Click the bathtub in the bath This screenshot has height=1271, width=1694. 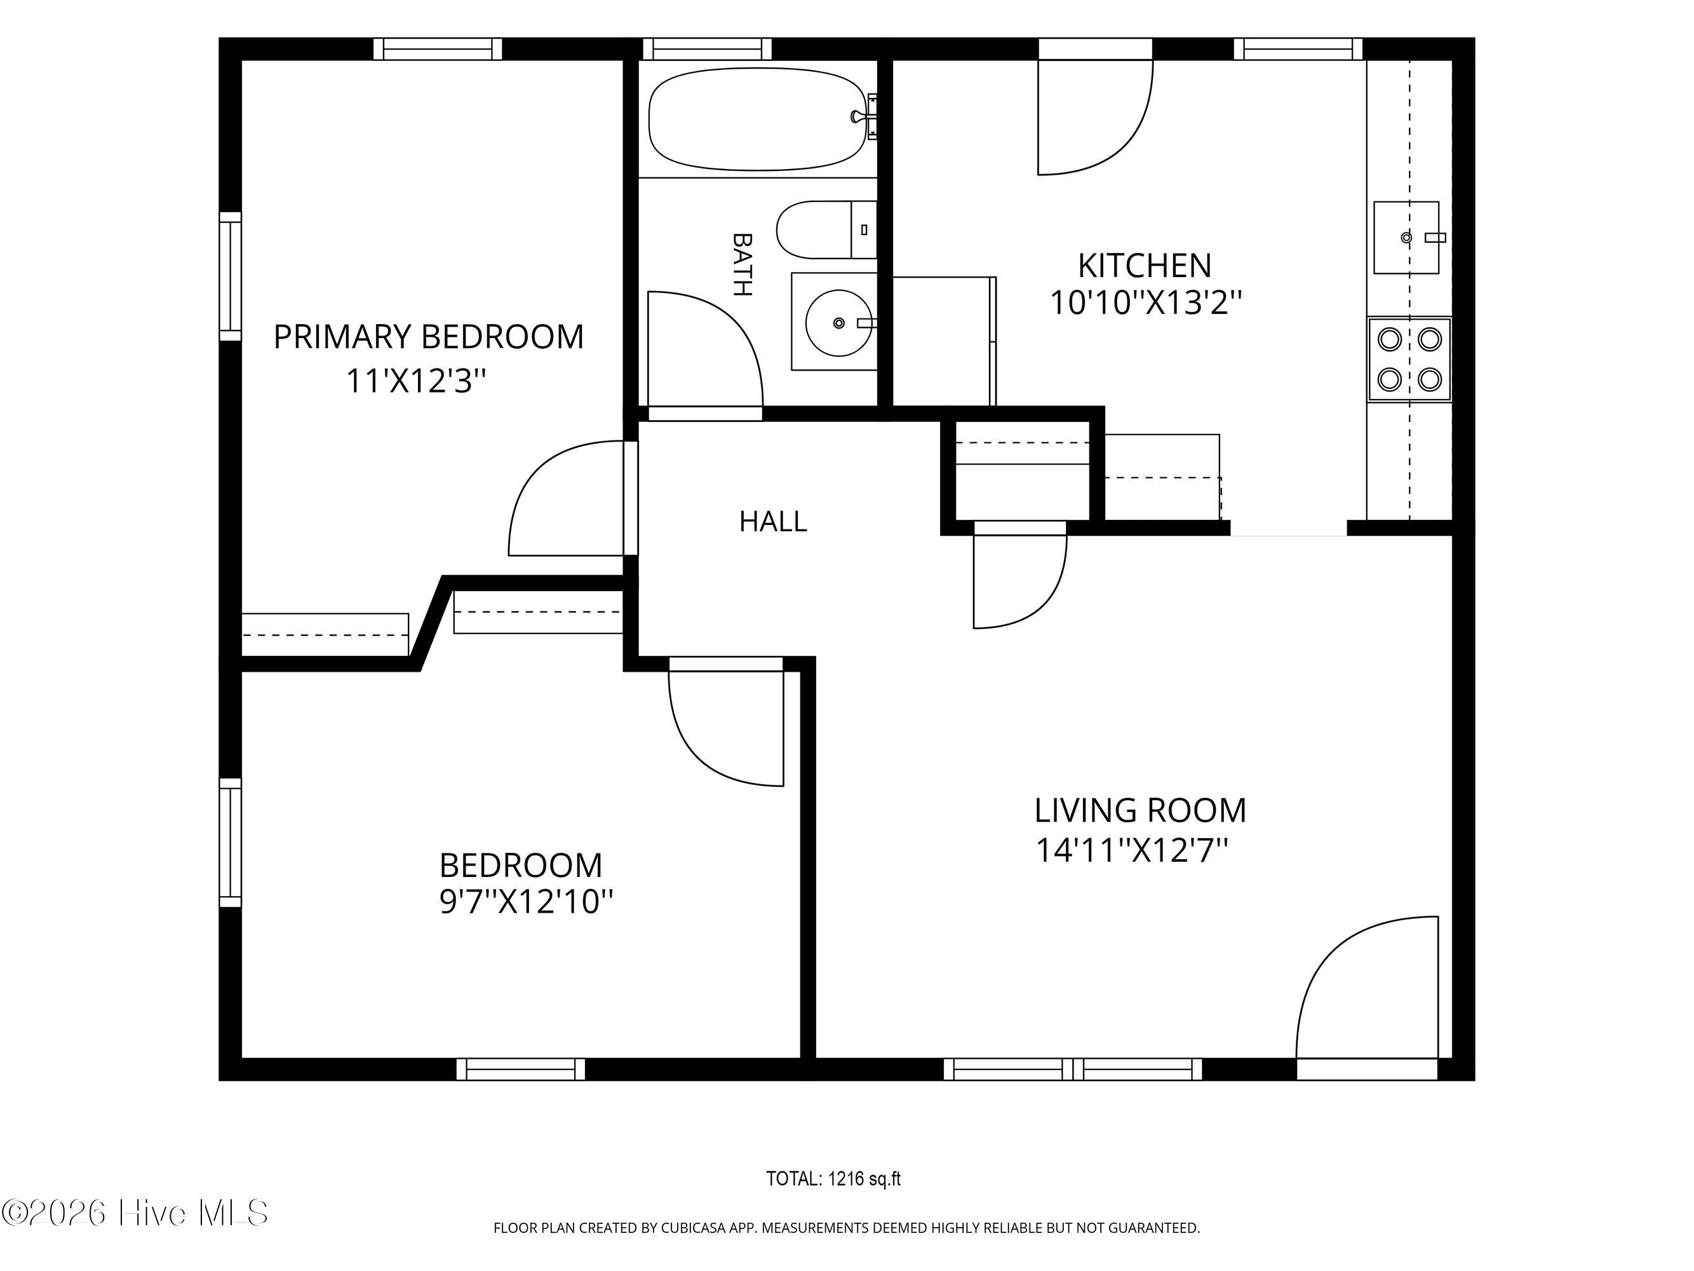[x=758, y=119]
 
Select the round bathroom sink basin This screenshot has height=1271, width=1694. [x=838, y=323]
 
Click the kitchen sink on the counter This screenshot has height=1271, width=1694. [x=1406, y=238]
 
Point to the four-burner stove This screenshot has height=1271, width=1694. [x=1409, y=358]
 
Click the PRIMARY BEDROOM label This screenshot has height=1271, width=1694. [x=428, y=337]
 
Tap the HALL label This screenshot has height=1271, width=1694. [x=773, y=522]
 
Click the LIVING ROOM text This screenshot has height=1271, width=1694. [x=1140, y=810]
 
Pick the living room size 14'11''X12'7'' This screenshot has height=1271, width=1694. [x=1132, y=850]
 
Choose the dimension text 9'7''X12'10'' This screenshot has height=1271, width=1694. [x=526, y=902]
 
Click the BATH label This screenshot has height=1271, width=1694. [x=741, y=264]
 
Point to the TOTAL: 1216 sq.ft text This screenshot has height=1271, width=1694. [x=833, y=1179]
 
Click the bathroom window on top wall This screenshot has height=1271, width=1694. [x=707, y=49]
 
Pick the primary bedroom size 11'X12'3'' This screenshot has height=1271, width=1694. [x=417, y=381]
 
